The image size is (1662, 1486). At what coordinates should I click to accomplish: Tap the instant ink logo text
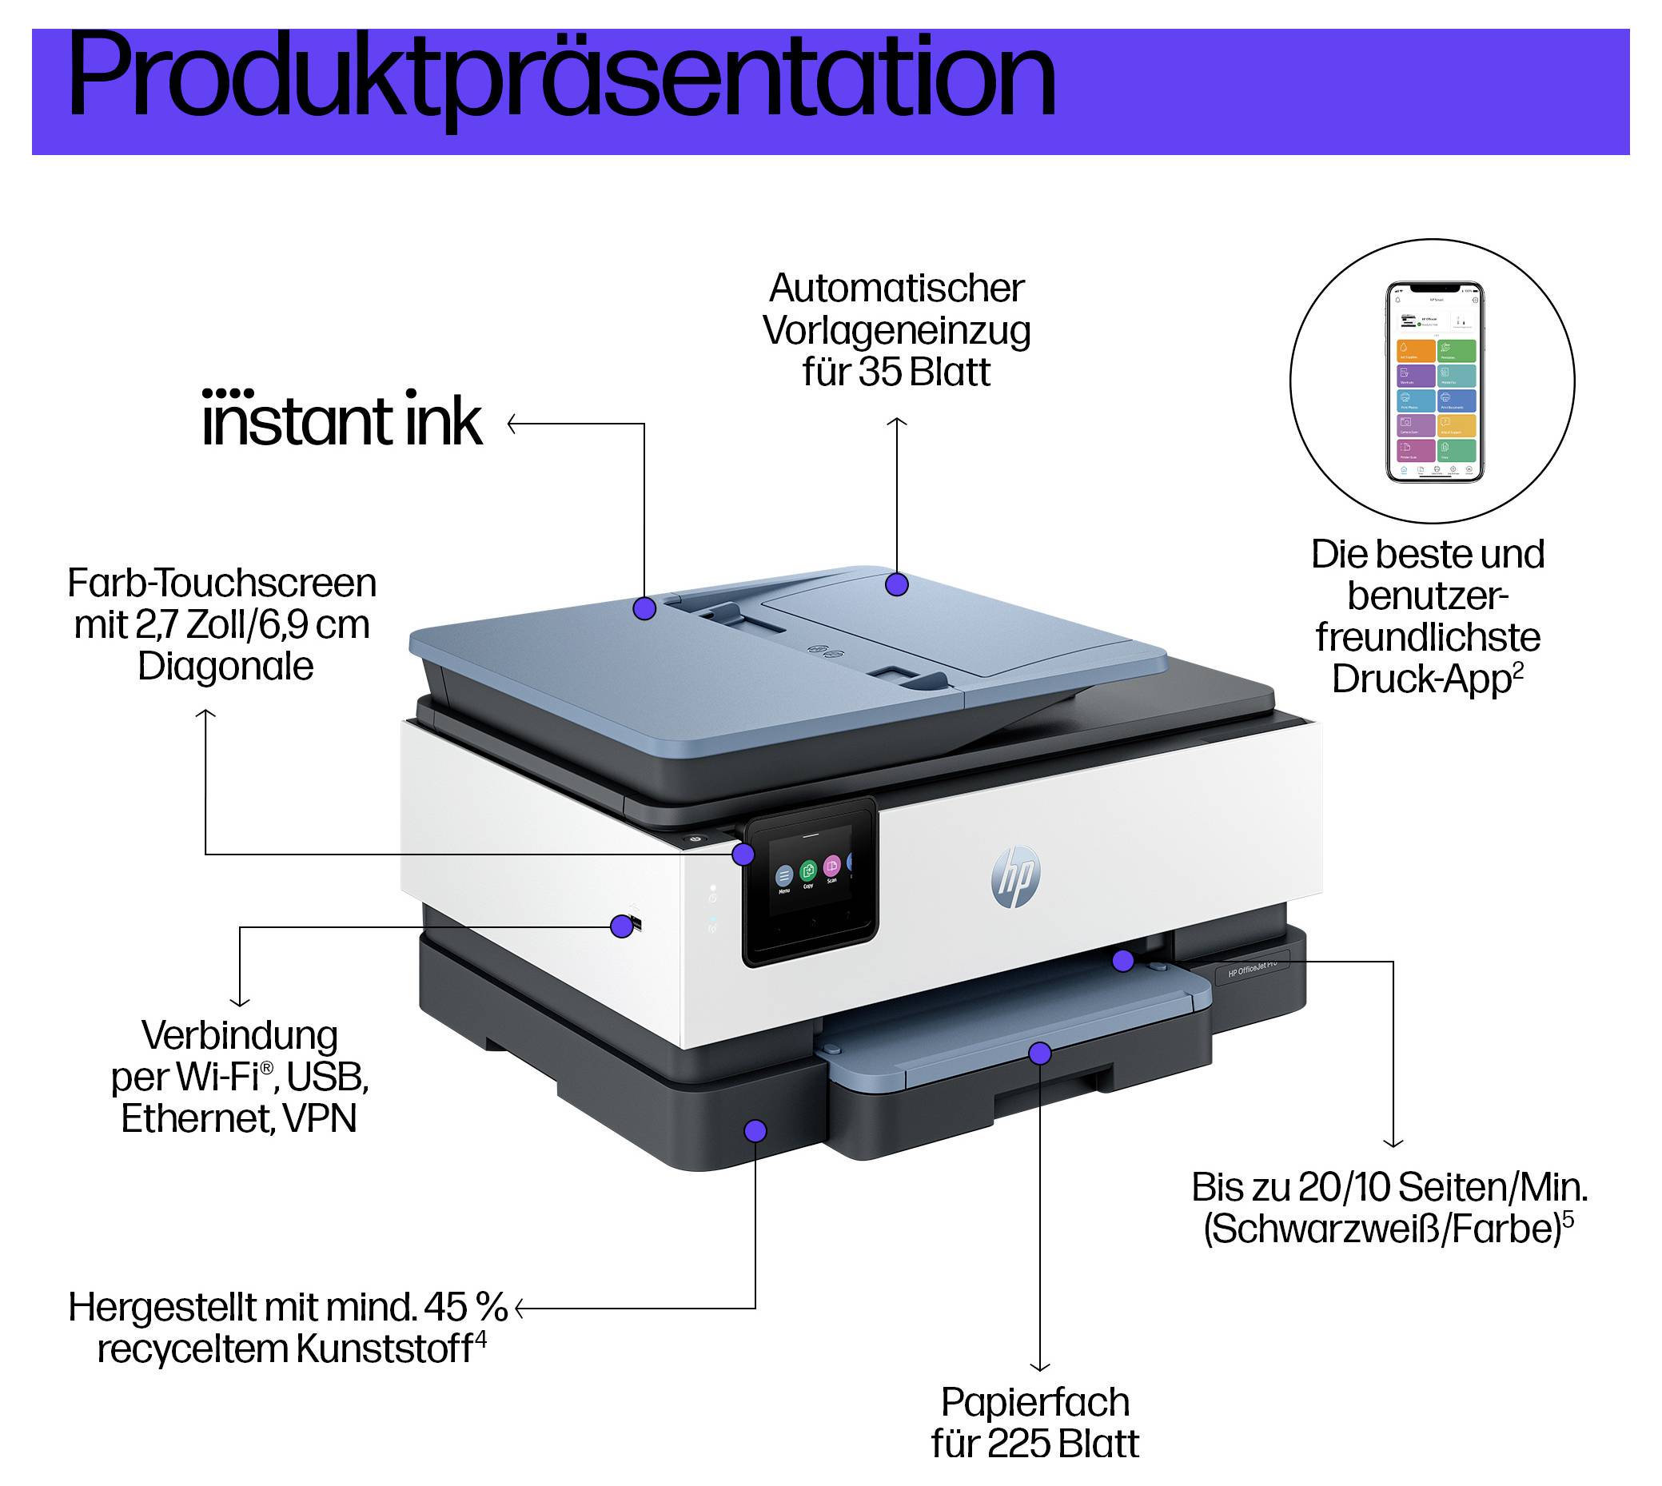[x=341, y=420]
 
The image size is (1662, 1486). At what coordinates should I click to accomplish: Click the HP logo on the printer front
[x=1015, y=876]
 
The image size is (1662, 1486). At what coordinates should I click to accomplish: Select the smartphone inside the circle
[x=1435, y=381]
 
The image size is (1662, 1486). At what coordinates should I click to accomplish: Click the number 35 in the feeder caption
[x=879, y=372]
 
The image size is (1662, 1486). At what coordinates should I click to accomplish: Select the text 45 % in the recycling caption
[x=465, y=1307]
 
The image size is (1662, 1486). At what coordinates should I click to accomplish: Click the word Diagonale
[x=225, y=666]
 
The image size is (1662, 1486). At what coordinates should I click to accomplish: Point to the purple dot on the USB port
[x=621, y=926]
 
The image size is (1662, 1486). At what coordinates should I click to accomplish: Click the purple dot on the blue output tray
[x=1039, y=1054]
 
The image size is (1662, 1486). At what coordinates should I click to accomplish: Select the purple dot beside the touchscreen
[x=743, y=855]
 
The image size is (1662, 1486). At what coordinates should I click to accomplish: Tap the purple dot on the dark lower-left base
[x=755, y=1131]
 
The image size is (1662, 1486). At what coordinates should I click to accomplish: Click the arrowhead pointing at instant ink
[x=512, y=424]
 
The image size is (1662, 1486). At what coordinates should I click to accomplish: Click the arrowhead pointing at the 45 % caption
[x=520, y=1309]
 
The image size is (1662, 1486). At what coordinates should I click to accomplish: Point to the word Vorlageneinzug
[x=897, y=331]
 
